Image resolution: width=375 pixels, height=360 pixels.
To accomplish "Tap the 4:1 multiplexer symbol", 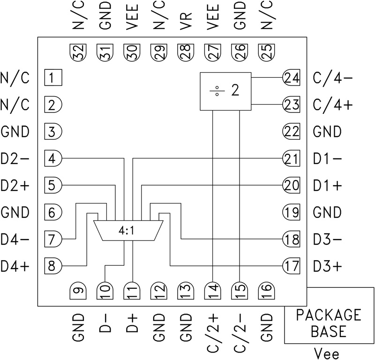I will [128, 230].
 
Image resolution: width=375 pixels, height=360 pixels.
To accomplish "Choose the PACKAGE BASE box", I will [329, 323].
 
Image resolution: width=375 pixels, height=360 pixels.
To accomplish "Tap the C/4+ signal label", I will [333, 105].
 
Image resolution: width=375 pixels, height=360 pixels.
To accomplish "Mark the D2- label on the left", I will [15, 159].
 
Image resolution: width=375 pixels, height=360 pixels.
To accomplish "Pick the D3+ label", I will [328, 267].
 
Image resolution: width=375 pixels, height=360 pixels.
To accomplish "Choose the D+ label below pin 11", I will [133, 324].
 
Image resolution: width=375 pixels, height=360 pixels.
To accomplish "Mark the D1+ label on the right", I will [328, 186].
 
